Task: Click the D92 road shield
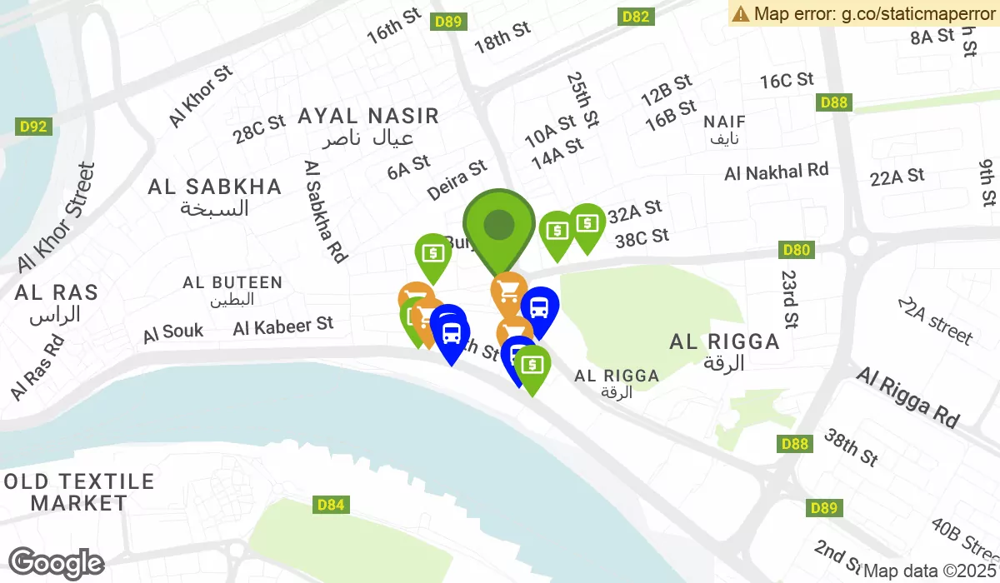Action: [x=33, y=127]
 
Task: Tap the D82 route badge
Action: [x=635, y=17]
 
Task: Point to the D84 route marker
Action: [x=331, y=505]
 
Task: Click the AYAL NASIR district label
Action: [x=368, y=116]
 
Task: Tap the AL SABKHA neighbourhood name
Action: [x=215, y=187]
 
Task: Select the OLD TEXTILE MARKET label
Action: [x=79, y=492]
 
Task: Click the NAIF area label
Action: [x=725, y=122]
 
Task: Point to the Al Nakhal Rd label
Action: [x=777, y=172]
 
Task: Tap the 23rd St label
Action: [x=790, y=297]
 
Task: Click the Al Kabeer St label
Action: [x=283, y=326]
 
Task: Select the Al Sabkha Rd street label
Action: [x=326, y=212]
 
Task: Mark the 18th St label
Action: [x=502, y=37]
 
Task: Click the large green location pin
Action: [x=498, y=225]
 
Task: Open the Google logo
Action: [x=56, y=564]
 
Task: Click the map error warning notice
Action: [x=863, y=13]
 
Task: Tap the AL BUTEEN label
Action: [x=232, y=283]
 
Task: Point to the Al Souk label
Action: [x=173, y=332]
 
